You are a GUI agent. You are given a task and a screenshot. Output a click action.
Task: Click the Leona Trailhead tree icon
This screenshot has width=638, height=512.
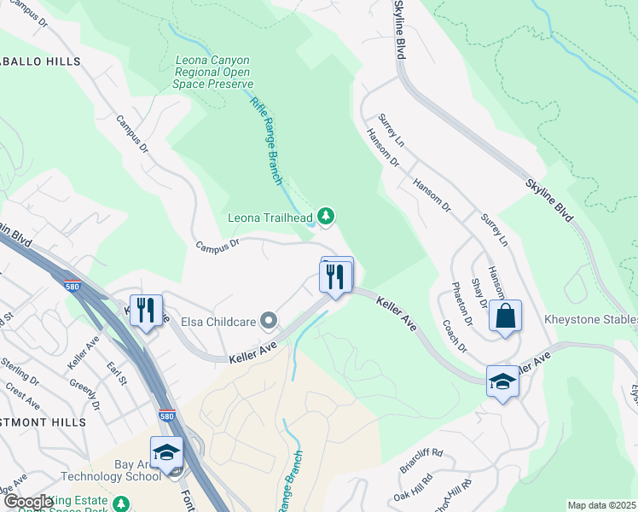click(325, 218)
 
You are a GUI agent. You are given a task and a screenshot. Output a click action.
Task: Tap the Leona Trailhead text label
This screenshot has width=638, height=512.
click(270, 218)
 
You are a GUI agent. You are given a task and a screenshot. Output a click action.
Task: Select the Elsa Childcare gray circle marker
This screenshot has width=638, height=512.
click(270, 322)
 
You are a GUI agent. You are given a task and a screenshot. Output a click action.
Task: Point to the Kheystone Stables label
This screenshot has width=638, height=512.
click(591, 320)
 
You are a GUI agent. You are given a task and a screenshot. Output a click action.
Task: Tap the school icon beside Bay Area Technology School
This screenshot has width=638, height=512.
click(167, 452)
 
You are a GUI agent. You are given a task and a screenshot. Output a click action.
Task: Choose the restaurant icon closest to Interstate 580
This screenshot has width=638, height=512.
click(145, 310)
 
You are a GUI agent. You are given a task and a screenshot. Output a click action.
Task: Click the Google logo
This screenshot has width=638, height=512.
click(28, 502)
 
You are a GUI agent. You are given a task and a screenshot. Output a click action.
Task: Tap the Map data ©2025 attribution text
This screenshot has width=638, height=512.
click(601, 505)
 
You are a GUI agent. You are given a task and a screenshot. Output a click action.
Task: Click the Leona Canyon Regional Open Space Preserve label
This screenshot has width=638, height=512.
click(213, 73)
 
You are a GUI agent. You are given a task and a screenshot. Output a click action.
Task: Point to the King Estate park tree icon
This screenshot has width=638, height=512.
click(121, 503)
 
